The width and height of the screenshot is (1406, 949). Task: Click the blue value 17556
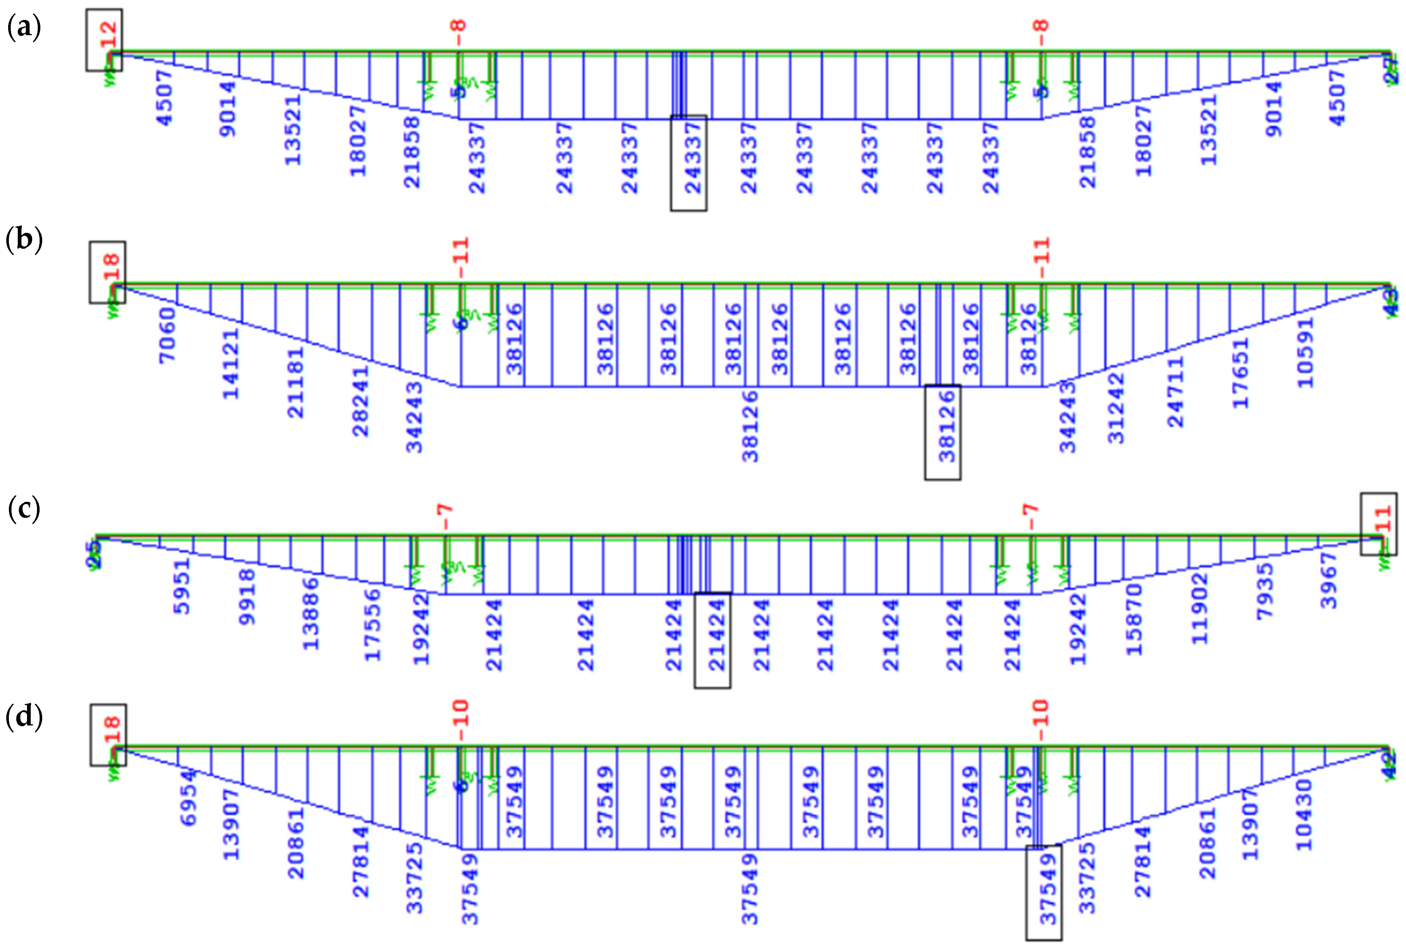373,625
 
